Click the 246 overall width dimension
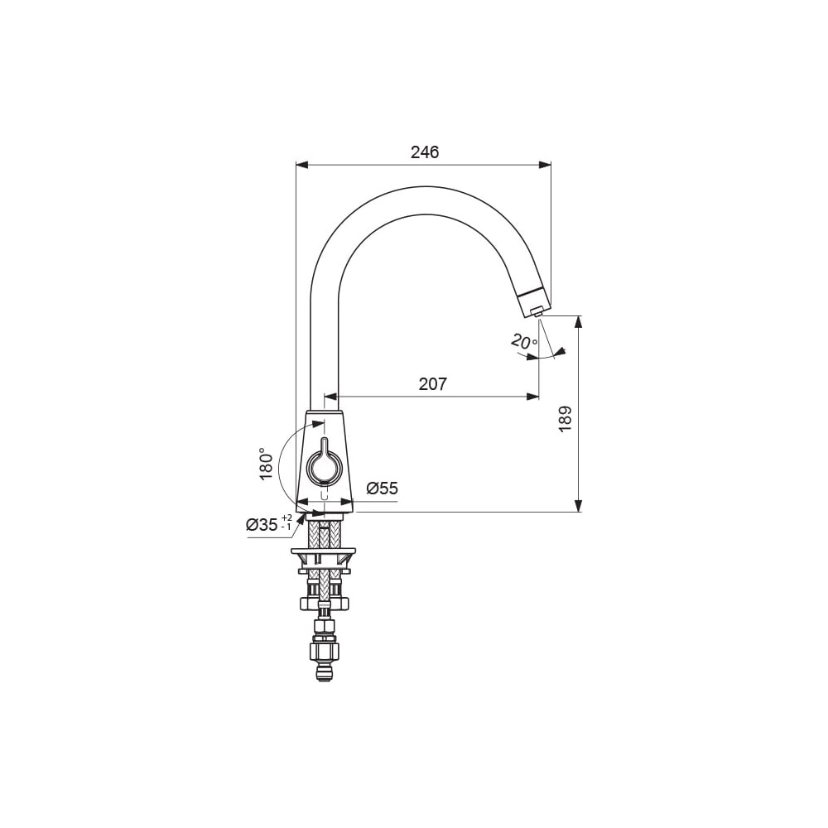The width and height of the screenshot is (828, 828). pyautogui.click(x=425, y=152)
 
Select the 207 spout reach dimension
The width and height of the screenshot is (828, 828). pyautogui.click(x=432, y=384)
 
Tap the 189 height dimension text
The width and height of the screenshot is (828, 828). pyautogui.click(x=565, y=419)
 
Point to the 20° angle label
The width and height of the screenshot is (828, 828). pyautogui.click(x=524, y=342)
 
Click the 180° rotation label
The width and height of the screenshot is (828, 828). pyautogui.click(x=267, y=464)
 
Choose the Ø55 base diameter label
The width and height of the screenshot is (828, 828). pyautogui.click(x=382, y=489)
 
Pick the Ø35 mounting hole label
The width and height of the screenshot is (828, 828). pyautogui.click(x=262, y=525)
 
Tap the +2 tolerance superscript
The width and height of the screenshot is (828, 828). pyautogui.click(x=286, y=517)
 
